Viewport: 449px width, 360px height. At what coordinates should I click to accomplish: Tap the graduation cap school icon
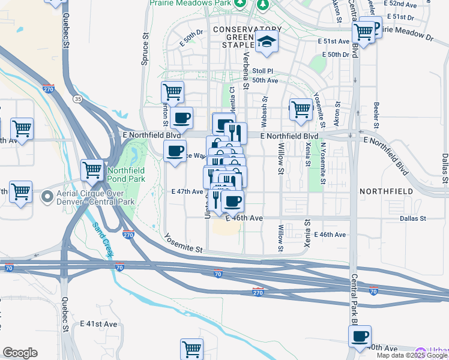pos(265,41)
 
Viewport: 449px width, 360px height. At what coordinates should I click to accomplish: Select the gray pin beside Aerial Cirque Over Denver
pos(46,196)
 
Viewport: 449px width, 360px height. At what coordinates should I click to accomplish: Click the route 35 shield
pos(77,98)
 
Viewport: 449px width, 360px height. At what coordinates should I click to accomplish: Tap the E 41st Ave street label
pos(99,323)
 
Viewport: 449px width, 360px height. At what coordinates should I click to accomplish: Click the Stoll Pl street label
pos(263,71)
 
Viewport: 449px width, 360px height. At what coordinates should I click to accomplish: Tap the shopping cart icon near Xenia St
pos(301,110)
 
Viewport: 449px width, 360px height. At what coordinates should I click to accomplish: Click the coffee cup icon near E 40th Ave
pos(360,337)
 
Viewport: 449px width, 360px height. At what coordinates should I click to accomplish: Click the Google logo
pos(20,353)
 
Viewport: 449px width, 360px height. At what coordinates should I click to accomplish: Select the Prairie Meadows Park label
pos(190,4)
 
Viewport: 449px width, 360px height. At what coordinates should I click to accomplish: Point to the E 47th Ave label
pos(187,191)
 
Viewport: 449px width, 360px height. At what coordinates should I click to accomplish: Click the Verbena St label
pos(246,69)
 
